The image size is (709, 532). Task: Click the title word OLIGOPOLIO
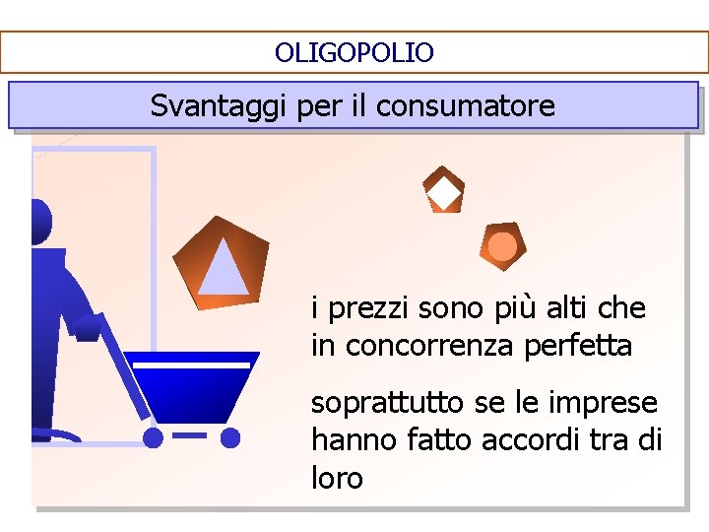(354, 52)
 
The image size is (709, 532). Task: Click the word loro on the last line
(337, 479)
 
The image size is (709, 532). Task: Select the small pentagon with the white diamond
(443, 189)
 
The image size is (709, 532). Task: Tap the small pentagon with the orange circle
(502, 246)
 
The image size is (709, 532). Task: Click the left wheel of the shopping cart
(153, 436)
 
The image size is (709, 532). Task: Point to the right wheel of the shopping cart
(229, 436)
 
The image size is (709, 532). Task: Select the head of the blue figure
(39, 222)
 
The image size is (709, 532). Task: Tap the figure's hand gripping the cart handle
(86, 327)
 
